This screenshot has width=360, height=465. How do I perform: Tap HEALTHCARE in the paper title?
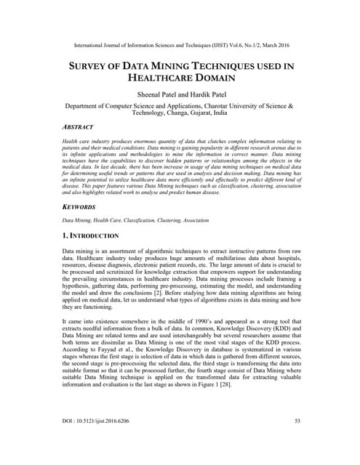[161, 78]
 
